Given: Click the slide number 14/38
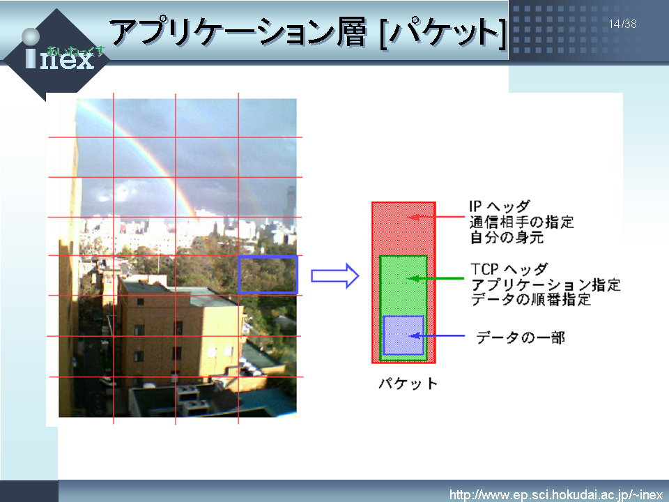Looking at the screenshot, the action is coord(622,24).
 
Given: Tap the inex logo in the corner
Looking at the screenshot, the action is coord(56,54).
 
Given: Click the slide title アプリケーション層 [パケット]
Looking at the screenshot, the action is coord(308,32).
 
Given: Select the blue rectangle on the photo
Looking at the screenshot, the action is coord(268,275).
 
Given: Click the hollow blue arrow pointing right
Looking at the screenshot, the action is coord(335,276).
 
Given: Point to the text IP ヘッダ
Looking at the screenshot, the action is coord(500,206).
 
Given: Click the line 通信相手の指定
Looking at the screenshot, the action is coord(521,222).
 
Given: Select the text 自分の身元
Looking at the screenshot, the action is coord(507,237).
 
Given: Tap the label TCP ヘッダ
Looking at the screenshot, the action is coord(509,269).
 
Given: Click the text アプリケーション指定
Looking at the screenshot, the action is coord(546,284).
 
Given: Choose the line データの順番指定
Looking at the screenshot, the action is coord(531,299).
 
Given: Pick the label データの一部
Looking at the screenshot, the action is coord(521,337).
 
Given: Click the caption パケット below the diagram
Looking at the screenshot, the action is coord(408,383).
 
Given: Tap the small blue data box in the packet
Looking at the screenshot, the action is coord(403,335).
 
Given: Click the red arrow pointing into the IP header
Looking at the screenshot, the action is coord(436,217).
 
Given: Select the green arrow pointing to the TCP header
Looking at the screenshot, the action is coord(436,279).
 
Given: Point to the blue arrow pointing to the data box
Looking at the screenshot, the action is coord(437,336).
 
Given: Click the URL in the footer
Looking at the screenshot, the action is coord(556,495).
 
